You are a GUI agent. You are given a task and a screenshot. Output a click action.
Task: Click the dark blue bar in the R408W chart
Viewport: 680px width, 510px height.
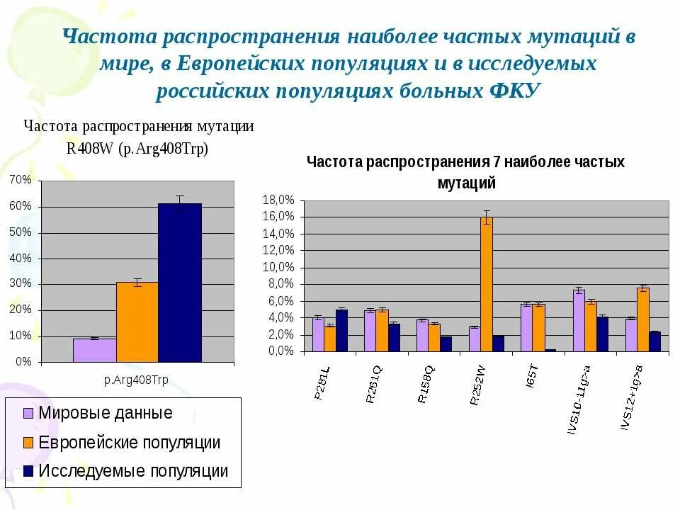179,283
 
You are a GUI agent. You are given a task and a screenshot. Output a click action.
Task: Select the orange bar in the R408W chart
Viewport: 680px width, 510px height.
137,322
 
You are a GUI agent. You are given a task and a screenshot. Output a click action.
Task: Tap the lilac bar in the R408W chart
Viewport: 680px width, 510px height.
94,350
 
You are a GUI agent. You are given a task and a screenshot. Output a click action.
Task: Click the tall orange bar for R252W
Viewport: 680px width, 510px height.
486,284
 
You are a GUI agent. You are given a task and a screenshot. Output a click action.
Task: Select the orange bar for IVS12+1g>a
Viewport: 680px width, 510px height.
642,319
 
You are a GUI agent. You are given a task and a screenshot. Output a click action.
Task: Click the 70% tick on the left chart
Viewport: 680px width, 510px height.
21,180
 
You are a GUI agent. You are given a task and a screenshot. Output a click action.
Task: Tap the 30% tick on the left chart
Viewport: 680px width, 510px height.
21,283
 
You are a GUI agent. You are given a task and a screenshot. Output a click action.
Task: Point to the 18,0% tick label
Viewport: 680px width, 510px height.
278,200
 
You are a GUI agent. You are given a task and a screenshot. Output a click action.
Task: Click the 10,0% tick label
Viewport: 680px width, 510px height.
278,267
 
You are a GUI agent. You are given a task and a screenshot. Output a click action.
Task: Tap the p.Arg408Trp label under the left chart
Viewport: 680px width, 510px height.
137,380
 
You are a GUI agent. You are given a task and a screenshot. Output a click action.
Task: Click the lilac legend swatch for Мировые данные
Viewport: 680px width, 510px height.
28,414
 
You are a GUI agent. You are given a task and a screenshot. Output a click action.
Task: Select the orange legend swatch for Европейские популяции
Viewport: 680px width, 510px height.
28,443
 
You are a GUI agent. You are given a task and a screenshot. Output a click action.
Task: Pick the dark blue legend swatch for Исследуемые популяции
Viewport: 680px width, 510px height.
28,471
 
